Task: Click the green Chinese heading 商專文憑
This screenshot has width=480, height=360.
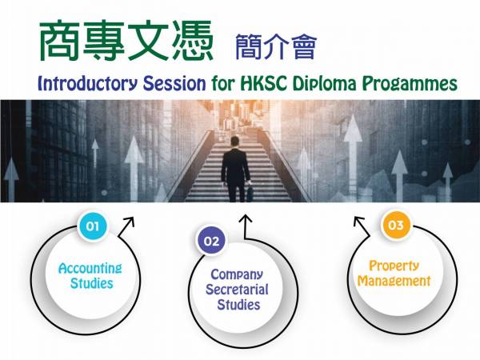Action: point(126,41)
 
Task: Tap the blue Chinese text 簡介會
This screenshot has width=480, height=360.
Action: point(276,46)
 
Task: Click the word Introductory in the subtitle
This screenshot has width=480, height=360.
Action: point(87,83)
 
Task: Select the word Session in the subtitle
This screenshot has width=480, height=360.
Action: point(174,83)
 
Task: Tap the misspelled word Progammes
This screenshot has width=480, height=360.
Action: point(410,84)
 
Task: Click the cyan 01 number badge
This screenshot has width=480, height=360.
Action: point(93,226)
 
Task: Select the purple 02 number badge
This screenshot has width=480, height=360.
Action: point(211,242)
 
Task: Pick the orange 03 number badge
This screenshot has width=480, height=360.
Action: point(395,226)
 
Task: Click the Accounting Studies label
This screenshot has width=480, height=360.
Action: point(90,276)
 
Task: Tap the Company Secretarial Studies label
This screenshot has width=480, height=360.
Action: point(238,290)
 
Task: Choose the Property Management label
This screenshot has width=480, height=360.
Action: point(394,274)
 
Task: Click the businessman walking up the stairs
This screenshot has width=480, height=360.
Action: point(235,170)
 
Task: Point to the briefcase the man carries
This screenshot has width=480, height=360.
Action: point(250,194)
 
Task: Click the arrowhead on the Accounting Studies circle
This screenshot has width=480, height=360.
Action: point(130,222)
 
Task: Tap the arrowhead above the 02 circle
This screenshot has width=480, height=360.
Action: point(246,219)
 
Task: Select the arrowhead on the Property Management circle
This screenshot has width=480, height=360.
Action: point(358,221)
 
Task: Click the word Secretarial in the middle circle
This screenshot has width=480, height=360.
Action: point(238,290)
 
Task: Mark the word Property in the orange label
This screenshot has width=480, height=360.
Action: point(394,266)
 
